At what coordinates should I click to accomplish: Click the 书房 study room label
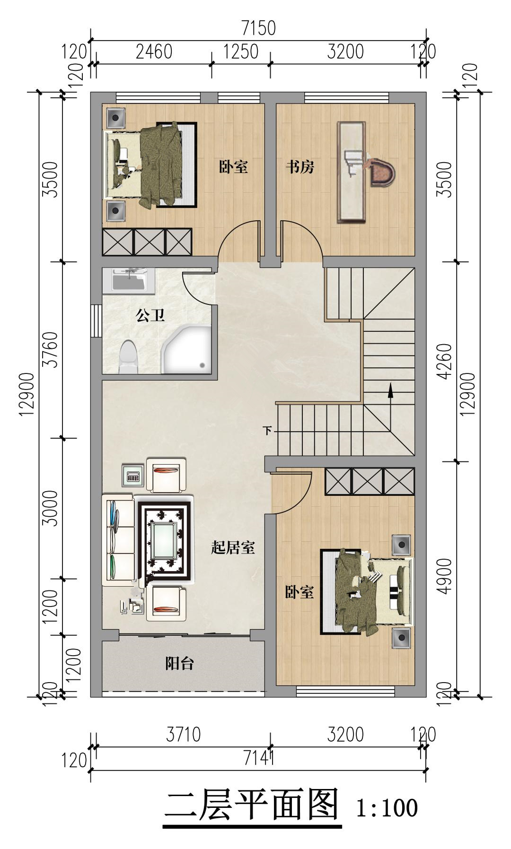click(300, 167)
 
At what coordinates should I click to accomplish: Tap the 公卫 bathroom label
click(150, 315)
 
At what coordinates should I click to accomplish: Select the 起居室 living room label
click(233, 548)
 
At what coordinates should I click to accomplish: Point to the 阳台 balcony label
click(180, 664)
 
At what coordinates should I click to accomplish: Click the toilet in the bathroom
click(128, 356)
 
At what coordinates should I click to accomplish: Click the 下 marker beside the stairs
click(268, 431)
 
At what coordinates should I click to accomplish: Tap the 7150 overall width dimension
click(258, 28)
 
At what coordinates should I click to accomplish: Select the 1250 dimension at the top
click(241, 52)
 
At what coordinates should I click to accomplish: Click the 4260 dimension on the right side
click(445, 362)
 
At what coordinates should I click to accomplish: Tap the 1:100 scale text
click(387, 808)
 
